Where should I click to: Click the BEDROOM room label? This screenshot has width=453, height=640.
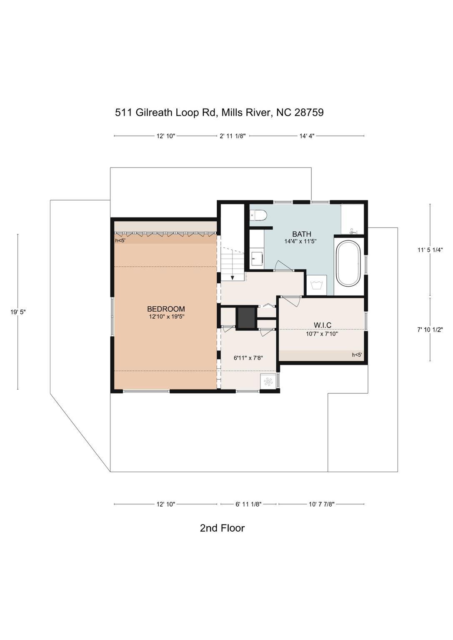166,309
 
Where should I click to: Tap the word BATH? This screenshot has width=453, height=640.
302,234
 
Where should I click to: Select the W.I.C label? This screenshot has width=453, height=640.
323,325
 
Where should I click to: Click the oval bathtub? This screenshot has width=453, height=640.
348,263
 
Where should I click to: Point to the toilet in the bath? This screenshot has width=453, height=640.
258,215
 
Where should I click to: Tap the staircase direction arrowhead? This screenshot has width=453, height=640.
233,277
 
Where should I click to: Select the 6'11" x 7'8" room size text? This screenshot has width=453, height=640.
248,358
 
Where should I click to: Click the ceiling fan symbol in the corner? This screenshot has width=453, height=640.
268,381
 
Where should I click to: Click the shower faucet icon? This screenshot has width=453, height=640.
353,231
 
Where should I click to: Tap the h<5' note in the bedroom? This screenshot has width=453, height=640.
120,240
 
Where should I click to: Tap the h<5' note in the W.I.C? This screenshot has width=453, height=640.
357,355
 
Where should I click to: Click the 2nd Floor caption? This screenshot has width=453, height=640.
222,528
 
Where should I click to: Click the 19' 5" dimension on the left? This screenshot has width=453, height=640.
18,312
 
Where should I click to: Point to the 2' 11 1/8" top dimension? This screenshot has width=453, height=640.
233,136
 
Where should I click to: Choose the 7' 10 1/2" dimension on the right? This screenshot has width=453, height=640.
430,330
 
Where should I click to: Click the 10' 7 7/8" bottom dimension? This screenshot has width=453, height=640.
322,504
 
